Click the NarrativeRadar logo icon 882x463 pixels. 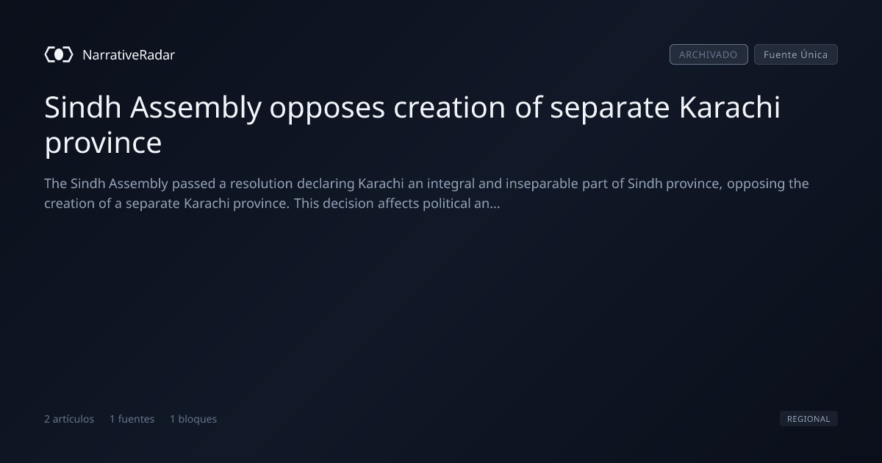59,54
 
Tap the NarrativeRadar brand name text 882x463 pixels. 129,55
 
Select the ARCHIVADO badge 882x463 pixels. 709,54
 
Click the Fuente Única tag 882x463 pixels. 795,54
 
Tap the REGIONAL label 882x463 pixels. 808,418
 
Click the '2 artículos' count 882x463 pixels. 69,419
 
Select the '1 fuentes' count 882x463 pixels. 132,419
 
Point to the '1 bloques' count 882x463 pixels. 193,419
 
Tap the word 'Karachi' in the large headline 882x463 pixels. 729,107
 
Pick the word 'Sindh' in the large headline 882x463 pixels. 82,107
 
